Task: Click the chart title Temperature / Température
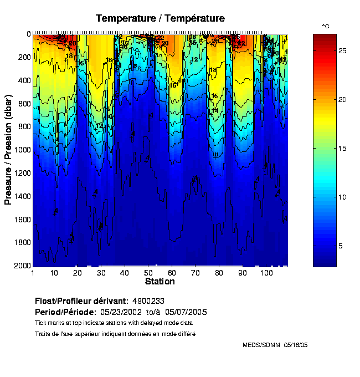tap(160, 18)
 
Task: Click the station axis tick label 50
tap(148, 273)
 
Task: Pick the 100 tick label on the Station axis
tap(266, 273)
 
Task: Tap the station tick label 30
tap(101, 273)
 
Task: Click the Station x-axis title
tap(160, 281)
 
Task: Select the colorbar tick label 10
tap(342, 197)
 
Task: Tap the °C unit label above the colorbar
tap(326, 27)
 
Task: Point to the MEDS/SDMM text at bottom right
tap(262, 345)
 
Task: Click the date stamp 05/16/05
tap(296, 345)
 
